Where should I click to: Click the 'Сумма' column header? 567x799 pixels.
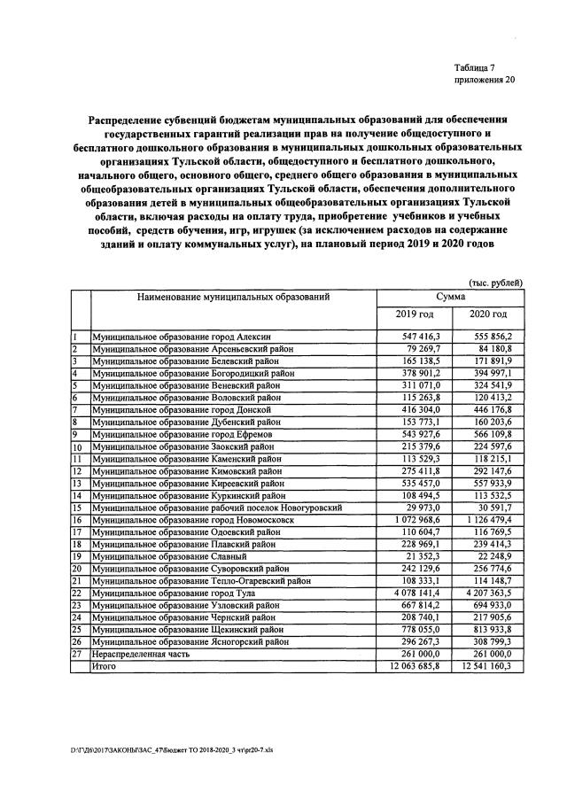pyautogui.click(x=451, y=298)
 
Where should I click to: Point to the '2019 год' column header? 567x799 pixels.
pyautogui.click(x=415, y=314)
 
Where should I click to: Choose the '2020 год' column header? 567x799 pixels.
pyautogui.click(x=487, y=314)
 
